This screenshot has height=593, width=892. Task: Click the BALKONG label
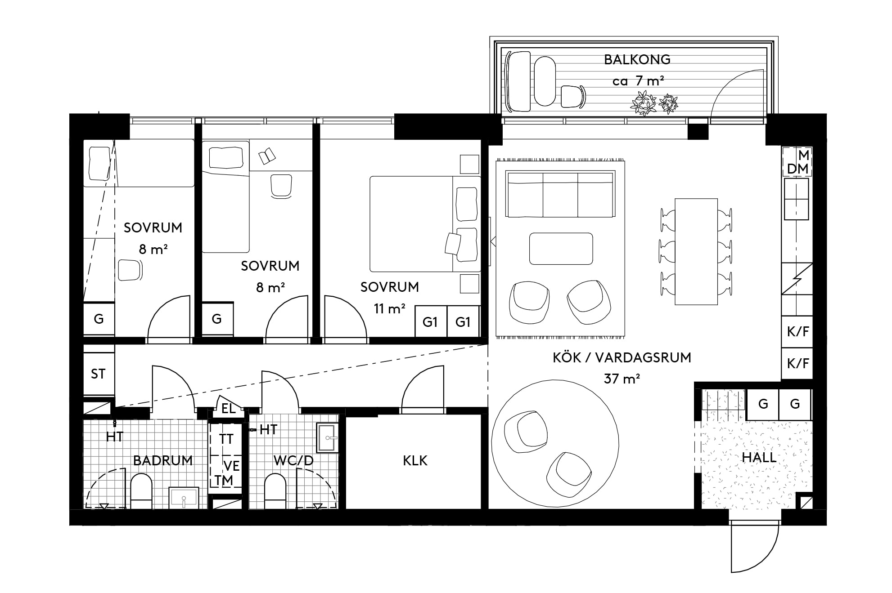(637, 59)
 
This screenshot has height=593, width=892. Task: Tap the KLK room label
(415, 460)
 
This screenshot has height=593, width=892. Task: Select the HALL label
(759, 457)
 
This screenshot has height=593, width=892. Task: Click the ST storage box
(99, 374)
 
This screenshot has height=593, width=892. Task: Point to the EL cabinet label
(229, 408)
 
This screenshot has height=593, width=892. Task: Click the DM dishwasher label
(798, 169)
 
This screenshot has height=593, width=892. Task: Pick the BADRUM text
(162, 460)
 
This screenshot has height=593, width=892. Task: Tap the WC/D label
(293, 460)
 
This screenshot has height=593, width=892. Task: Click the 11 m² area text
(389, 309)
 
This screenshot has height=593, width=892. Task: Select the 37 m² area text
(622, 379)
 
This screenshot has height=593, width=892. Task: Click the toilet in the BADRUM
(141, 492)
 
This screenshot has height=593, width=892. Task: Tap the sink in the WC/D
(328, 437)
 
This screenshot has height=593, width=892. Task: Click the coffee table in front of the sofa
(561, 249)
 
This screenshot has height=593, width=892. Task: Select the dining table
(696, 252)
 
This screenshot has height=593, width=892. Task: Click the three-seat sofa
(560, 194)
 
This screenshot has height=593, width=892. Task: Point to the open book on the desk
(267, 156)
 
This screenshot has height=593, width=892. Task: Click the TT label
(226, 439)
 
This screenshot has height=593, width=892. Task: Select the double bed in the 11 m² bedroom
(425, 224)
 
